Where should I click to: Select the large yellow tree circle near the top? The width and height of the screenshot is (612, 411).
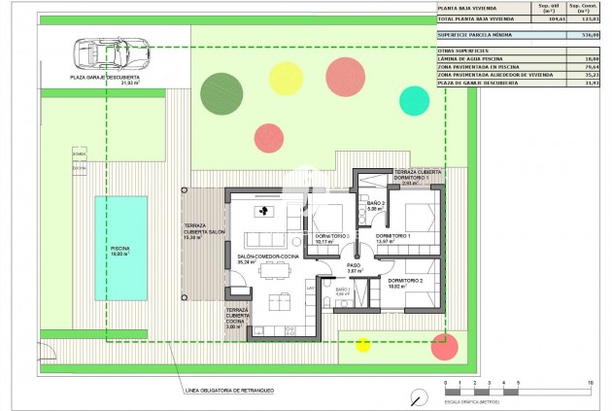[286, 77]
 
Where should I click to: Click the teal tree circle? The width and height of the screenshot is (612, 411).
[414, 98]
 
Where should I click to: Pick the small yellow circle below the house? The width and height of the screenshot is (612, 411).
[363, 344]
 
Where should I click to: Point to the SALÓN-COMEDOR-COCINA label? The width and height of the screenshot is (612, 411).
[266, 257]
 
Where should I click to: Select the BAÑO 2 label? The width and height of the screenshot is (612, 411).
[377, 203]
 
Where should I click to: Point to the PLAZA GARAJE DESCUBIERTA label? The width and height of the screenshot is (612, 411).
[104, 77]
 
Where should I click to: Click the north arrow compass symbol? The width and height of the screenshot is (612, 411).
[418, 397]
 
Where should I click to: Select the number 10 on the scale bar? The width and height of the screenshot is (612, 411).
[591, 383]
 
